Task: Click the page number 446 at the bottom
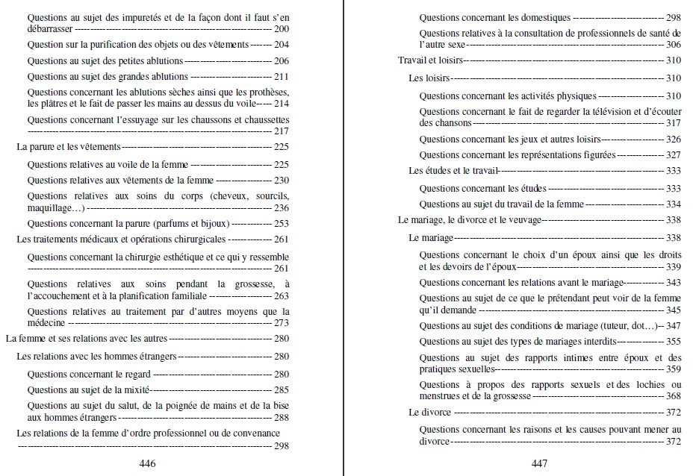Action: coord(147,463)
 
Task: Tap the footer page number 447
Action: coord(539,463)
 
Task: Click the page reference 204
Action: coord(281,45)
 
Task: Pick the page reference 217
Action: coord(281,131)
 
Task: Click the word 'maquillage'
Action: coord(52,207)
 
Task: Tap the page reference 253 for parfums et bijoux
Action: coord(281,223)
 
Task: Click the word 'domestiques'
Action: coord(542,17)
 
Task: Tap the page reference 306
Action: coord(673,45)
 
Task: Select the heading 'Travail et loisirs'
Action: coord(430,60)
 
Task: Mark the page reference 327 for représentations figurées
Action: coord(673,155)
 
